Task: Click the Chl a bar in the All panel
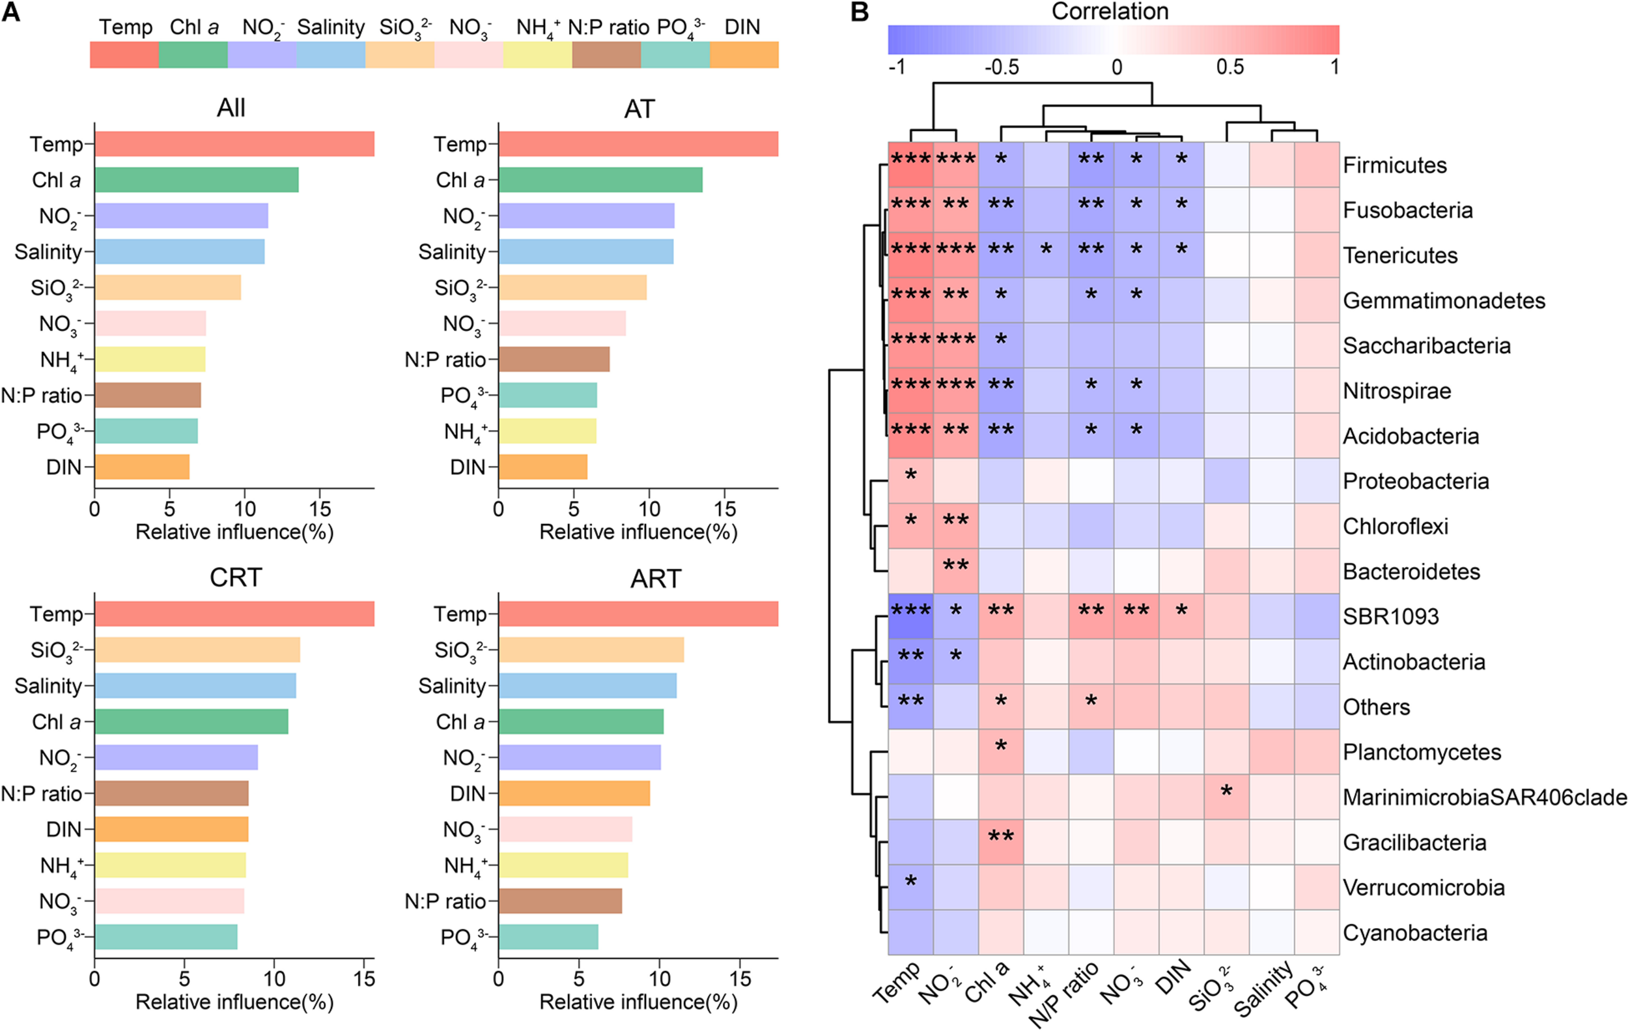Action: (x=196, y=180)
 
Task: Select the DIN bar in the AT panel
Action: (x=542, y=467)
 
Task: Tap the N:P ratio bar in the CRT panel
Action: (x=171, y=794)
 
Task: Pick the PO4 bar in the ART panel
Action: (x=548, y=937)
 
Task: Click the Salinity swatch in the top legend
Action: (x=331, y=55)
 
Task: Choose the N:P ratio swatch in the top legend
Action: (x=606, y=55)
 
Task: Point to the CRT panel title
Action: (x=235, y=578)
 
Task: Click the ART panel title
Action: (x=655, y=579)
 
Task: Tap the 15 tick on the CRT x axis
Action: (x=364, y=978)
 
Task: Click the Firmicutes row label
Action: (x=1394, y=165)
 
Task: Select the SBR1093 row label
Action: (x=1390, y=617)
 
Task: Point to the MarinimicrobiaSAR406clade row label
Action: (x=1484, y=798)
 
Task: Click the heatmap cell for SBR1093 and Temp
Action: (x=910, y=617)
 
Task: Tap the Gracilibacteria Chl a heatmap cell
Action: (x=1001, y=842)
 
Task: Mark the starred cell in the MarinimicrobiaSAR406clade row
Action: (x=1226, y=797)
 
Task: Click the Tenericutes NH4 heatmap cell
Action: (x=1046, y=255)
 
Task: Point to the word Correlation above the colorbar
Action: (x=1110, y=12)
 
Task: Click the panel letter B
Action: (x=860, y=12)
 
